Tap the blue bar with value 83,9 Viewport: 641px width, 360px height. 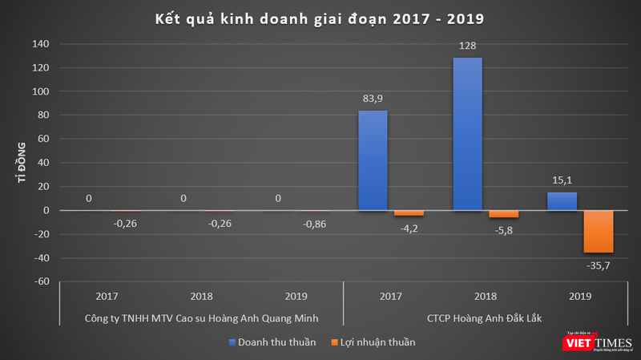373,160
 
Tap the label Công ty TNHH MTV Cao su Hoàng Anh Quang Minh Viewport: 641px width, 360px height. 201,318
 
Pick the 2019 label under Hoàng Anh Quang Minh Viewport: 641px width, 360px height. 296,297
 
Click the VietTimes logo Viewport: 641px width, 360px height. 596,342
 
